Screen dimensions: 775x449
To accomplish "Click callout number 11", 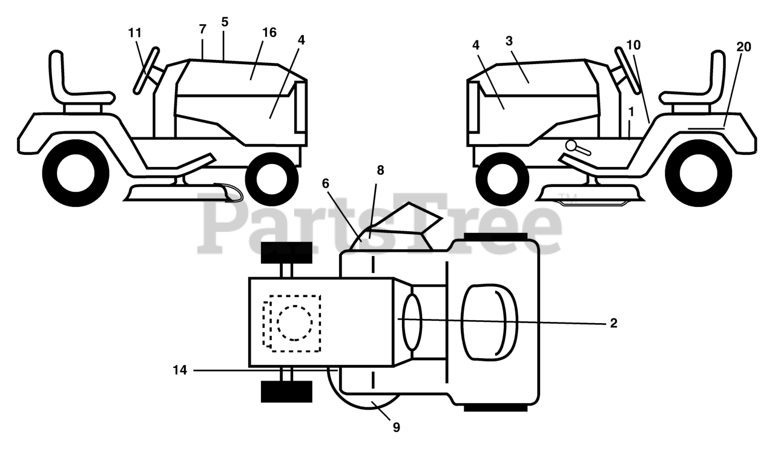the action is pos(134,33).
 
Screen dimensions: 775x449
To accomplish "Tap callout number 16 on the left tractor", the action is pos(269,33).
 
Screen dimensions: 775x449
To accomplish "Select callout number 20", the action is pos(744,47).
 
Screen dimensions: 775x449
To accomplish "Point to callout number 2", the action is pos(613,323).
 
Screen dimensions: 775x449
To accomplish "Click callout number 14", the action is pos(180,370).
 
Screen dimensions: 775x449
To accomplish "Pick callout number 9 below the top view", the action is pos(397,427).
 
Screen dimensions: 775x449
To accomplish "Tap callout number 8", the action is pos(380,171).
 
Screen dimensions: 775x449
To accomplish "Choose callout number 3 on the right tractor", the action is pos(509,41).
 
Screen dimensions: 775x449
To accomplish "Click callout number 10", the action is pos(633,45).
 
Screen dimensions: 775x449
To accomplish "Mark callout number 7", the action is pos(202,28).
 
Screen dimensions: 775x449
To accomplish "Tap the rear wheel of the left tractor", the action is pos(76,173).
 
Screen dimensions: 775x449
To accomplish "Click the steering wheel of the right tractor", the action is pos(627,70).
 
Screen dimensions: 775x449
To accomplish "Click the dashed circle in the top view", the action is pos(295,322).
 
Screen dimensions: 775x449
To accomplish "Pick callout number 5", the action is pos(225,22).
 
